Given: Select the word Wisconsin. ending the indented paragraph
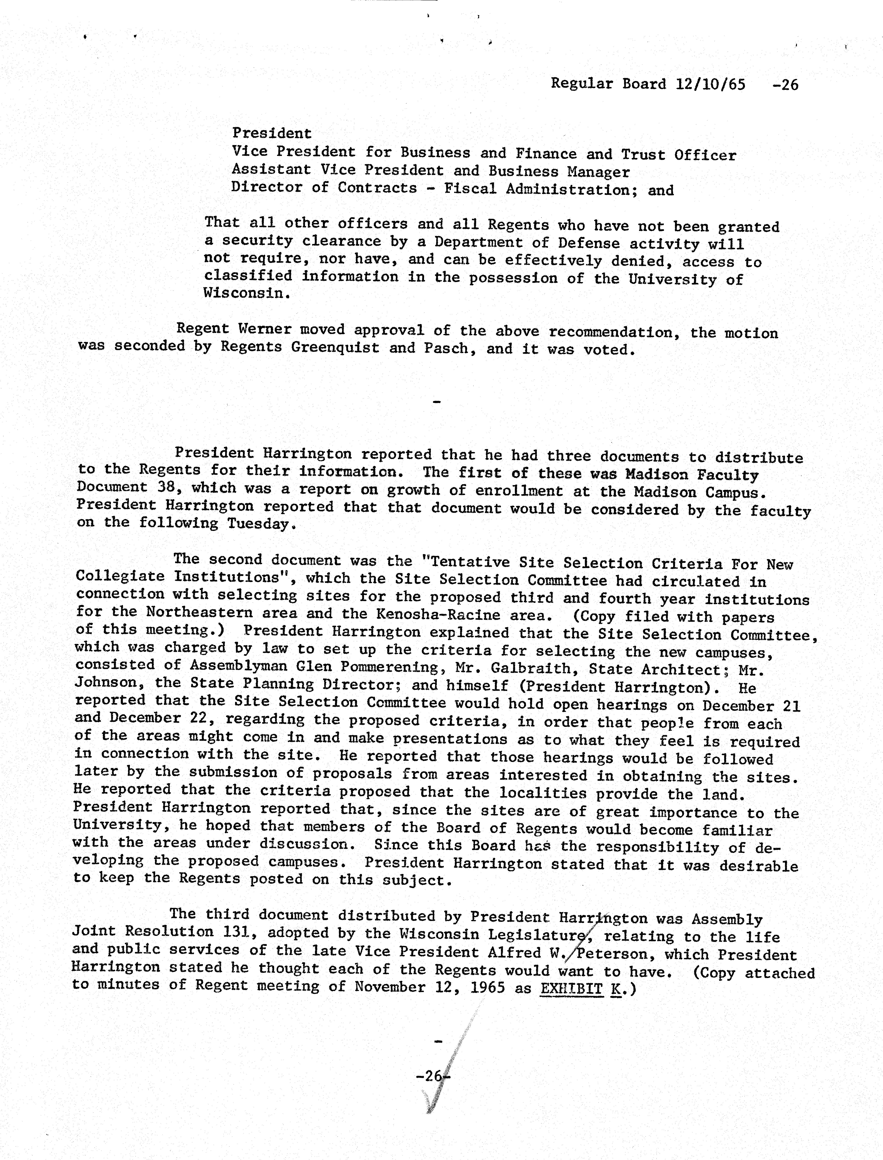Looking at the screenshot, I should tap(247, 293).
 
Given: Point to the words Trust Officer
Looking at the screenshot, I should tap(679, 155).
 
